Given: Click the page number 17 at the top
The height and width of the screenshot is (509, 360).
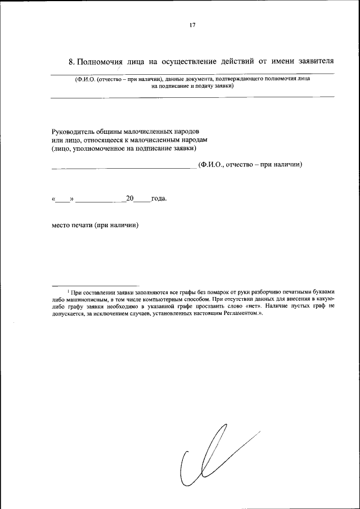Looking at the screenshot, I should coord(192,25).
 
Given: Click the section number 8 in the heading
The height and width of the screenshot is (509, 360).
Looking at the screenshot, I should coord(70,61).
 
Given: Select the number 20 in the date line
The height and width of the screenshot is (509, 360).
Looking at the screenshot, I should coord(130,198).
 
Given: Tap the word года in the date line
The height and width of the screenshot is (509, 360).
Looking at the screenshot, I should coord(159,199).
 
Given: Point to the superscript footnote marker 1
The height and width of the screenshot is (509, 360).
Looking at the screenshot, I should coord(69,290).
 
